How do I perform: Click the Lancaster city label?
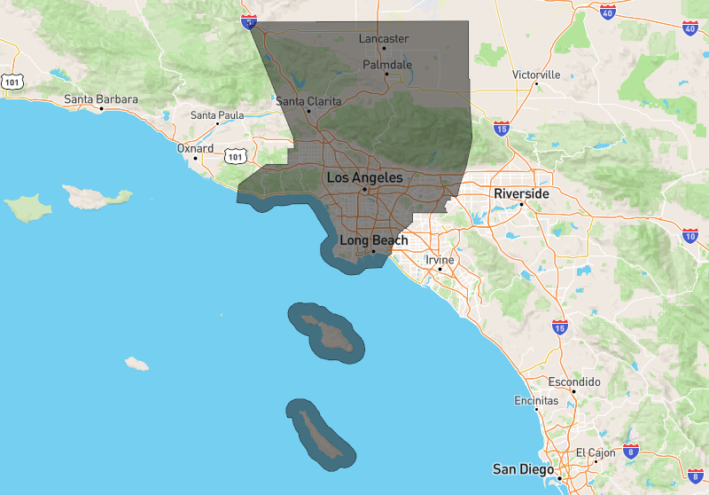pyautogui.click(x=384, y=39)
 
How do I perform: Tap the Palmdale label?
pyautogui.click(x=387, y=65)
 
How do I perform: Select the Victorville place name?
pyautogui.click(x=536, y=75)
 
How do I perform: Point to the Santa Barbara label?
pyautogui.click(x=100, y=99)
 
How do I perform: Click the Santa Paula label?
pyautogui.click(x=217, y=115)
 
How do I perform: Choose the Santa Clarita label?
pyautogui.click(x=308, y=101)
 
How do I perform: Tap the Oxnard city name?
pyautogui.click(x=195, y=148)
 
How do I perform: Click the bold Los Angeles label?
pyautogui.click(x=364, y=178)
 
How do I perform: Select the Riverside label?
pyautogui.click(x=522, y=193)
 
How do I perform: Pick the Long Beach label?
pyautogui.click(x=374, y=240)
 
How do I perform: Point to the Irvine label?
pyautogui.click(x=440, y=260)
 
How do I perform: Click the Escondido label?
pyautogui.click(x=574, y=381)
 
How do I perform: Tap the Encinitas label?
pyautogui.click(x=536, y=400)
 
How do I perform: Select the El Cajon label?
pyautogui.click(x=596, y=452)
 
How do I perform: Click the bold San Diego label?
pyautogui.click(x=524, y=468)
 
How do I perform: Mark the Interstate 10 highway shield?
pyautogui.click(x=690, y=235)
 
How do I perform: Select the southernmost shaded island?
pyautogui.click(x=320, y=432)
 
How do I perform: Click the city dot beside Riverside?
pyautogui.click(x=522, y=205)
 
